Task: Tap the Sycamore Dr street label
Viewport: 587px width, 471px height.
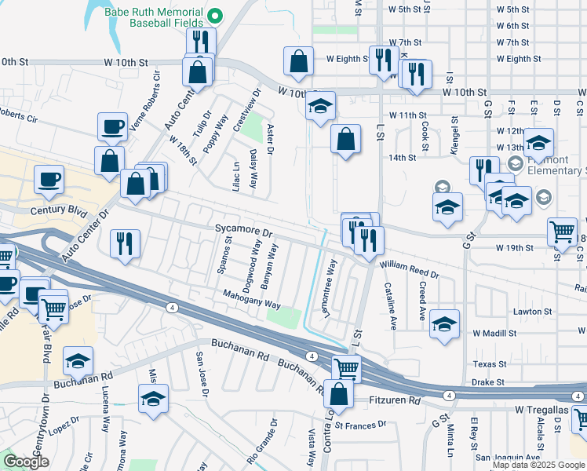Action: pyautogui.click(x=243, y=233)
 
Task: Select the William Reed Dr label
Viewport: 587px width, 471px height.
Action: pyautogui.click(x=410, y=270)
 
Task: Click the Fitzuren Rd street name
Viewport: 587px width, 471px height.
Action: pyautogui.click(x=395, y=400)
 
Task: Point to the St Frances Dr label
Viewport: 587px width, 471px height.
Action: pyautogui.click(x=360, y=425)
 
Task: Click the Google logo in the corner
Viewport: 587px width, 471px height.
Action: pyautogui.click(x=26, y=461)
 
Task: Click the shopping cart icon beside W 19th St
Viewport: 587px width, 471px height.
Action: pyautogui.click(x=562, y=232)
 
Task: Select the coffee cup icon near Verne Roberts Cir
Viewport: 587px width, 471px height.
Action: pyautogui.click(x=113, y=126)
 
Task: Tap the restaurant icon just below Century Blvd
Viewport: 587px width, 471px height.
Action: pyautogui.click(x=126, y=243)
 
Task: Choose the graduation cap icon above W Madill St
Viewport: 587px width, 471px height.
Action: pyautogui.click(x=444, y=323)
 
